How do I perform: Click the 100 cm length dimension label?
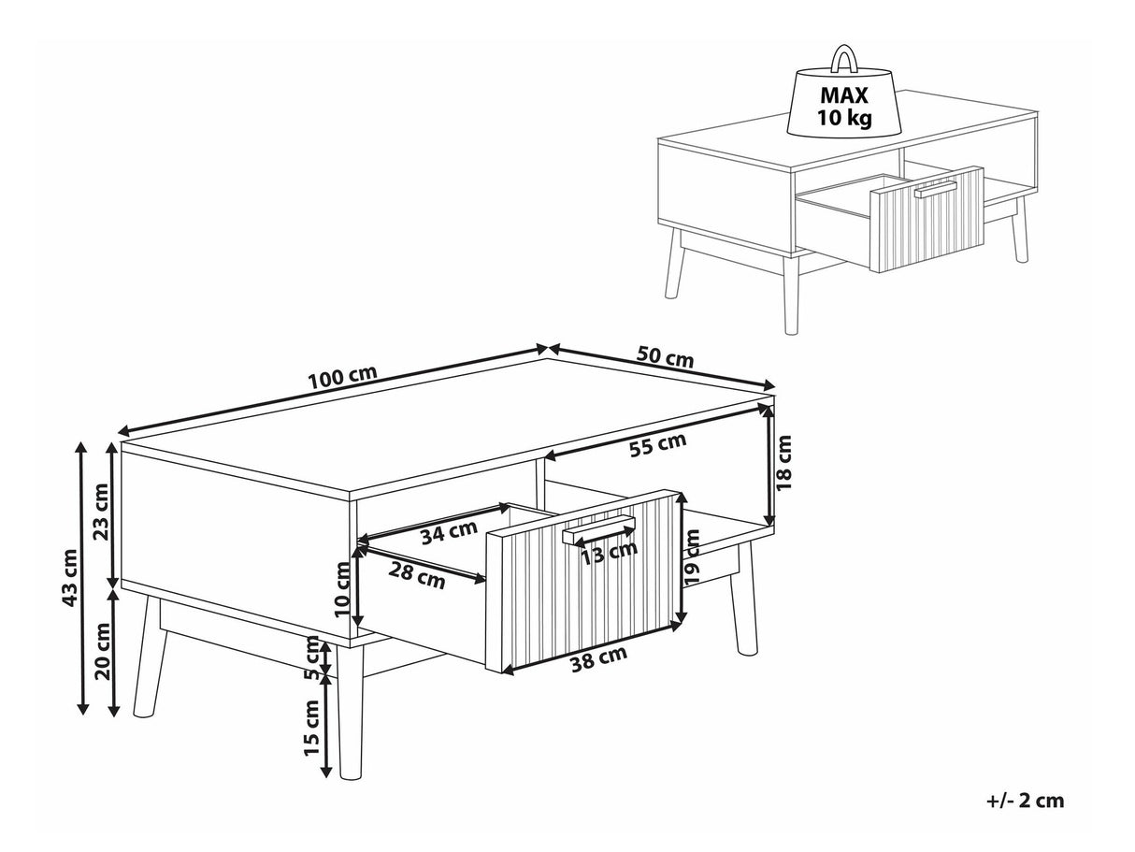342,377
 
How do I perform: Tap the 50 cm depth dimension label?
665,356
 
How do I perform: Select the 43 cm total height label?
69,577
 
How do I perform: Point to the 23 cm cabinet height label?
100,513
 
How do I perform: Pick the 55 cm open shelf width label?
658,444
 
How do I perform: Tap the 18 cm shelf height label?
783,469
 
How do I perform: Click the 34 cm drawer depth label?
449,532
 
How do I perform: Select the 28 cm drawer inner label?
417,576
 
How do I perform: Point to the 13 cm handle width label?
610,553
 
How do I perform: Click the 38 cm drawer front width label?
598,659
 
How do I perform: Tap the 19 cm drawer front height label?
691,557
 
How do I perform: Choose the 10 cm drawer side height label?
342,589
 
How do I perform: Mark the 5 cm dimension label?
312,657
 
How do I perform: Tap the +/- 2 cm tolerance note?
1025,801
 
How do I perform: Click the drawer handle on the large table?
598,528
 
